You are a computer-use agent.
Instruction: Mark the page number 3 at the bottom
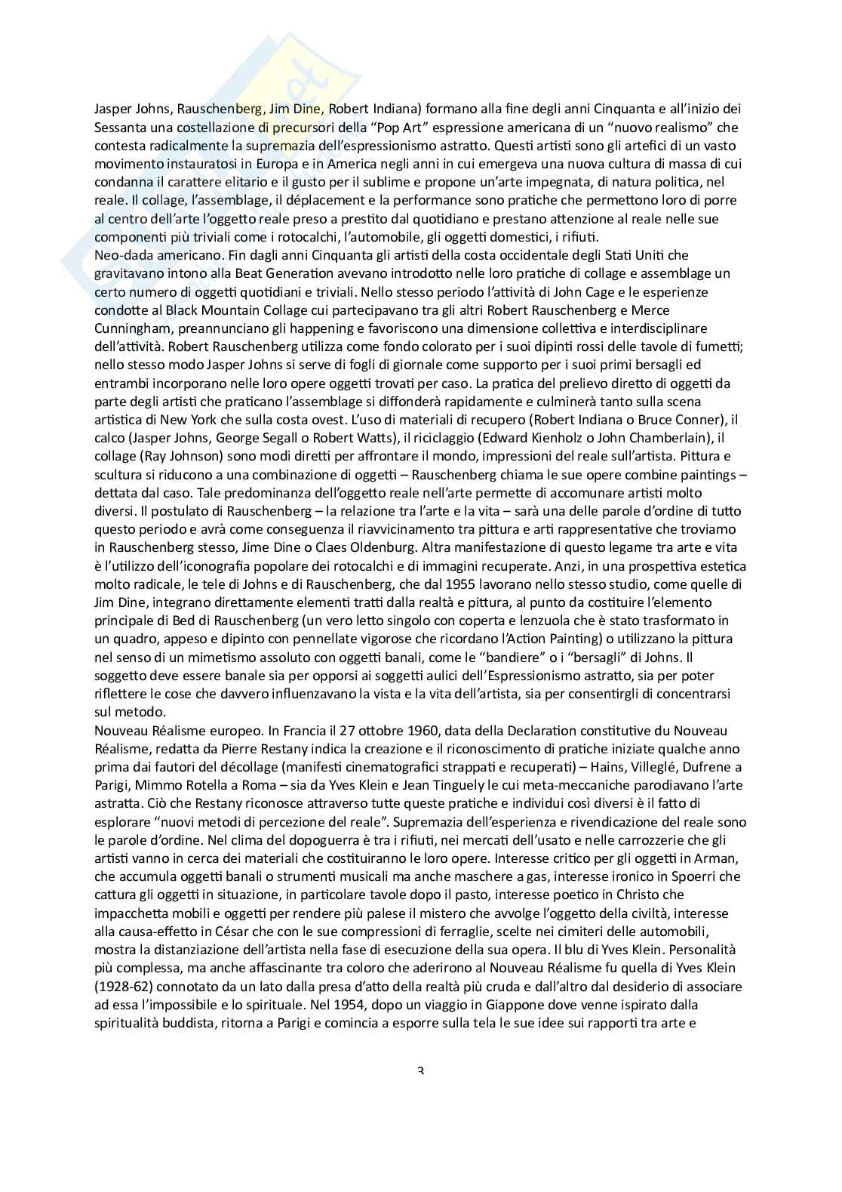tap(420, 1070)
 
